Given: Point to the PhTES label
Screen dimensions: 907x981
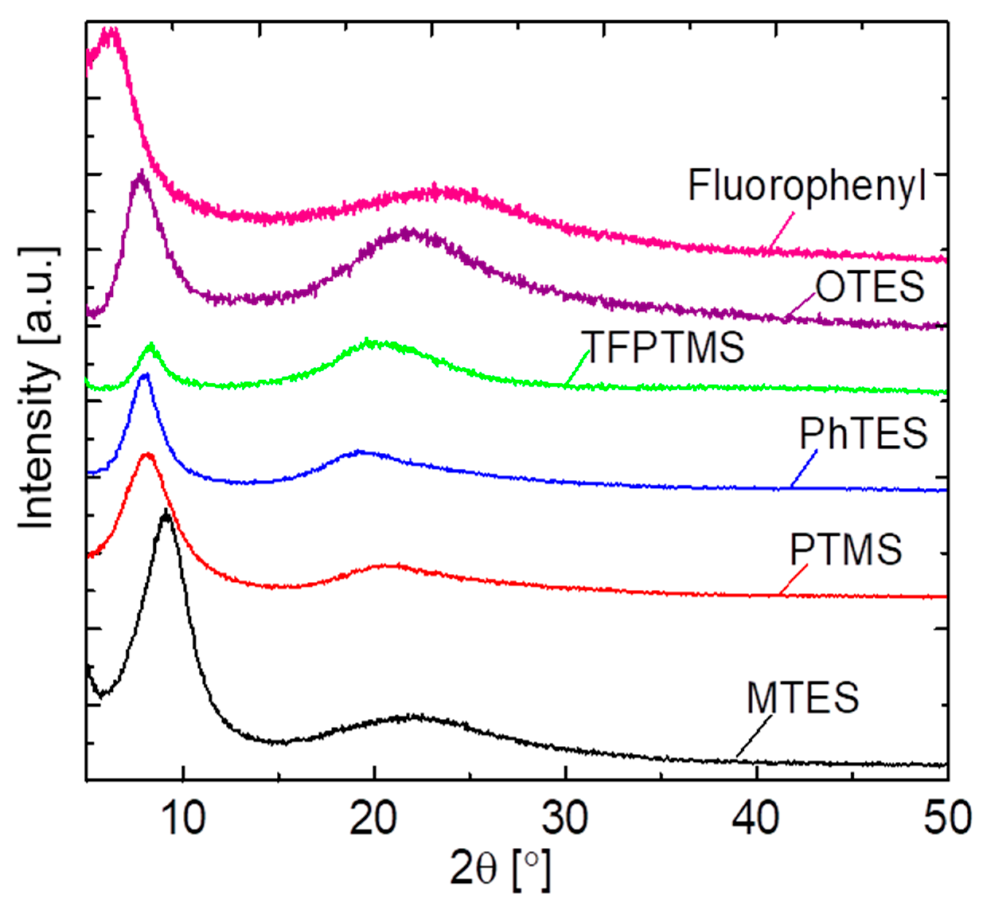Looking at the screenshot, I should click(x=863, y=434).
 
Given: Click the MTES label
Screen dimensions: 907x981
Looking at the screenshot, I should click(x=803, y=698).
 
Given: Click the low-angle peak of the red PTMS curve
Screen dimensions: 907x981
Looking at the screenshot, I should click(x=147, y=455).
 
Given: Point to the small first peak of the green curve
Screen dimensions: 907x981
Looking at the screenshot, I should click(x=150, y=346).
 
